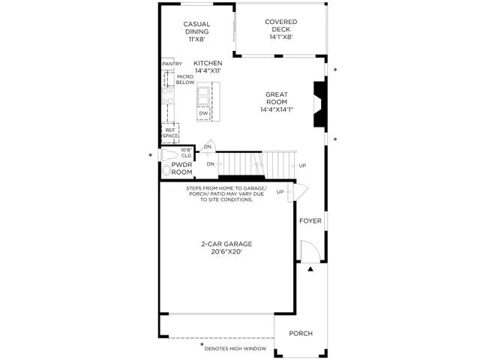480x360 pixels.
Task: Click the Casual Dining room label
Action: click(196, 28)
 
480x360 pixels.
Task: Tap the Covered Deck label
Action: click(281, 25)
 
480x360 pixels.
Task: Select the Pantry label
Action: click(172, 64)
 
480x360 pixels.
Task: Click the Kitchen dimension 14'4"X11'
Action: click(208, 70)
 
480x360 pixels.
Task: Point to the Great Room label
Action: click(277, 98)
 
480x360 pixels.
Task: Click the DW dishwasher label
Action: click(203, 113)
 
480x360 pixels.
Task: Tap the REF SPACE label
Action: click(170, 133)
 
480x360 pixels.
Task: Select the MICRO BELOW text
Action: click(185, 79)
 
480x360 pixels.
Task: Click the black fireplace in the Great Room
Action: click(319, 103)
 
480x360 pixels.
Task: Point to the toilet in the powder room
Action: click(169, 155)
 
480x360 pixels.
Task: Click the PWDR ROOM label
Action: click(181, 168)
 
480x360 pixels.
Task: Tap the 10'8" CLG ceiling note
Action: click(186, 153)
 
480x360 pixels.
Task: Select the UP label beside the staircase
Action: click(302, 166)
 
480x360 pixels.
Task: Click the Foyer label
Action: click(310, 220)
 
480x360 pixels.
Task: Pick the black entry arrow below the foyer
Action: click(310, 269)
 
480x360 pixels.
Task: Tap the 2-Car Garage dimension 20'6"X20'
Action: click(226, 252)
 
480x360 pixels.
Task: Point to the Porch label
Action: click(301, 333)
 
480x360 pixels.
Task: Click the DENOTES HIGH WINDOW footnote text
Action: click(235, 349)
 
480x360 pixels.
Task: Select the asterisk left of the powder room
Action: click(150, 155)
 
